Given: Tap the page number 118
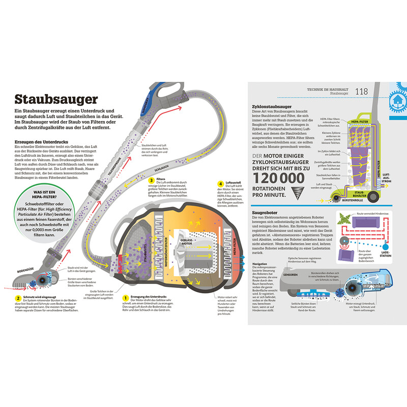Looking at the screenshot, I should coord(361,92).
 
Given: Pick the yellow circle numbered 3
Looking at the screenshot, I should coord(151,180).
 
